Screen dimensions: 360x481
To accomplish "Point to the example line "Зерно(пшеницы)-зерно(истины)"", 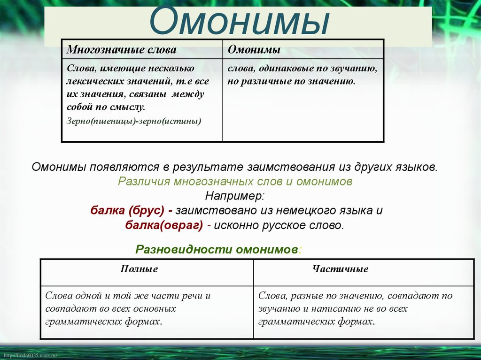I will pyautogui.click(x=134, y=122).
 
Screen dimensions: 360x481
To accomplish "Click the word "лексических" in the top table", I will pyautogui.click(x=92, y=81).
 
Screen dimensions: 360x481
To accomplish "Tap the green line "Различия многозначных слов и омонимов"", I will pyautogui.click(x=235, y=181).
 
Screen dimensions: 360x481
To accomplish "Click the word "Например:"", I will pyautogui.click(x=235, y=196).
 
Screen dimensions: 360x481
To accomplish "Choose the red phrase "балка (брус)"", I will pyautogui.click(x=126, y=210).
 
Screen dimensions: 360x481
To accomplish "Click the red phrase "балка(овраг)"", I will pyautogui.click(x=164, y=225).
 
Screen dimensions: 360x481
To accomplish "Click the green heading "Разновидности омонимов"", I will pyautogui.click(x=217, y=249).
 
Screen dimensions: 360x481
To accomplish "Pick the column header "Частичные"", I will pyautogui.click(x=341, y=269).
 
